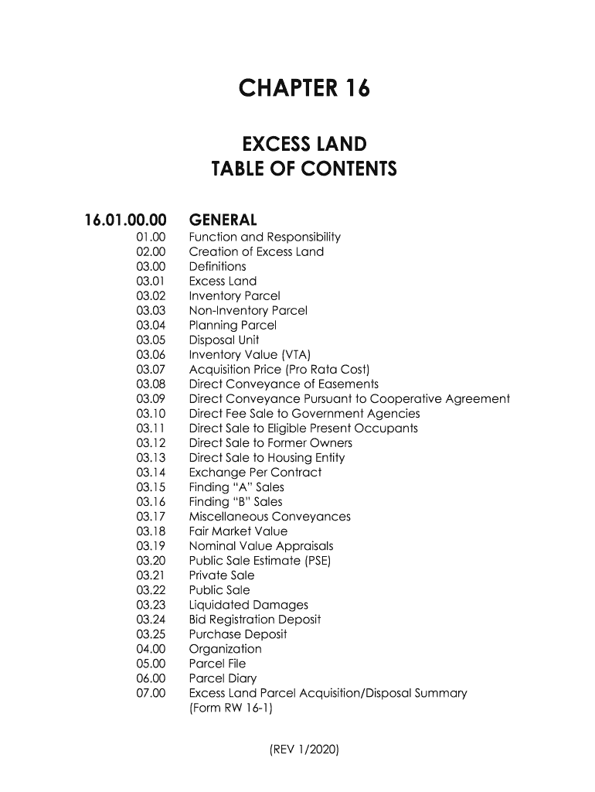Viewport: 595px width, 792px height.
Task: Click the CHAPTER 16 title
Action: pos(304,90)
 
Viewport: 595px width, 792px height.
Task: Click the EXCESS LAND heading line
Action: pos(304,145)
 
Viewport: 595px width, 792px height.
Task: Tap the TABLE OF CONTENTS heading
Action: pos(304,169)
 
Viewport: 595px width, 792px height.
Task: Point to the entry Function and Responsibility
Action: pos(264,237)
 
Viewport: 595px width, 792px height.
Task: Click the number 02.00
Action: pos(151,251)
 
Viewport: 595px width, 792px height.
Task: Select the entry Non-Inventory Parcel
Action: pos(248,310)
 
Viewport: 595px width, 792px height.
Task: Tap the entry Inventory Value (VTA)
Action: pos(250,354)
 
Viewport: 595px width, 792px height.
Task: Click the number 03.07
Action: pos(151,369)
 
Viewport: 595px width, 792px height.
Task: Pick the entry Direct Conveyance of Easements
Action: pos(284,384)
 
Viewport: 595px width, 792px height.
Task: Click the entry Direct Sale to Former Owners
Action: pos(270,443)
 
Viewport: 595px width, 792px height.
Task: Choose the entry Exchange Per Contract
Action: pos(255,473)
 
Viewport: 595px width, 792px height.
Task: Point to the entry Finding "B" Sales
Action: pos(236,502)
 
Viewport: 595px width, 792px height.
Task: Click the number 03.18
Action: pos(151,531)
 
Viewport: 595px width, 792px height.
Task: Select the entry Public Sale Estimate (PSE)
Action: pos(260,561)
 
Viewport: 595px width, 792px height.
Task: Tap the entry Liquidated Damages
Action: pos(248,605)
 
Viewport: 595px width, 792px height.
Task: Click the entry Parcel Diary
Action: pos(223,678)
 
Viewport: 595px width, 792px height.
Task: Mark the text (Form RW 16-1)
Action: pos(232,708)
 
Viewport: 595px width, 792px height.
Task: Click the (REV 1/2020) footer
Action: pos(304,749)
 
